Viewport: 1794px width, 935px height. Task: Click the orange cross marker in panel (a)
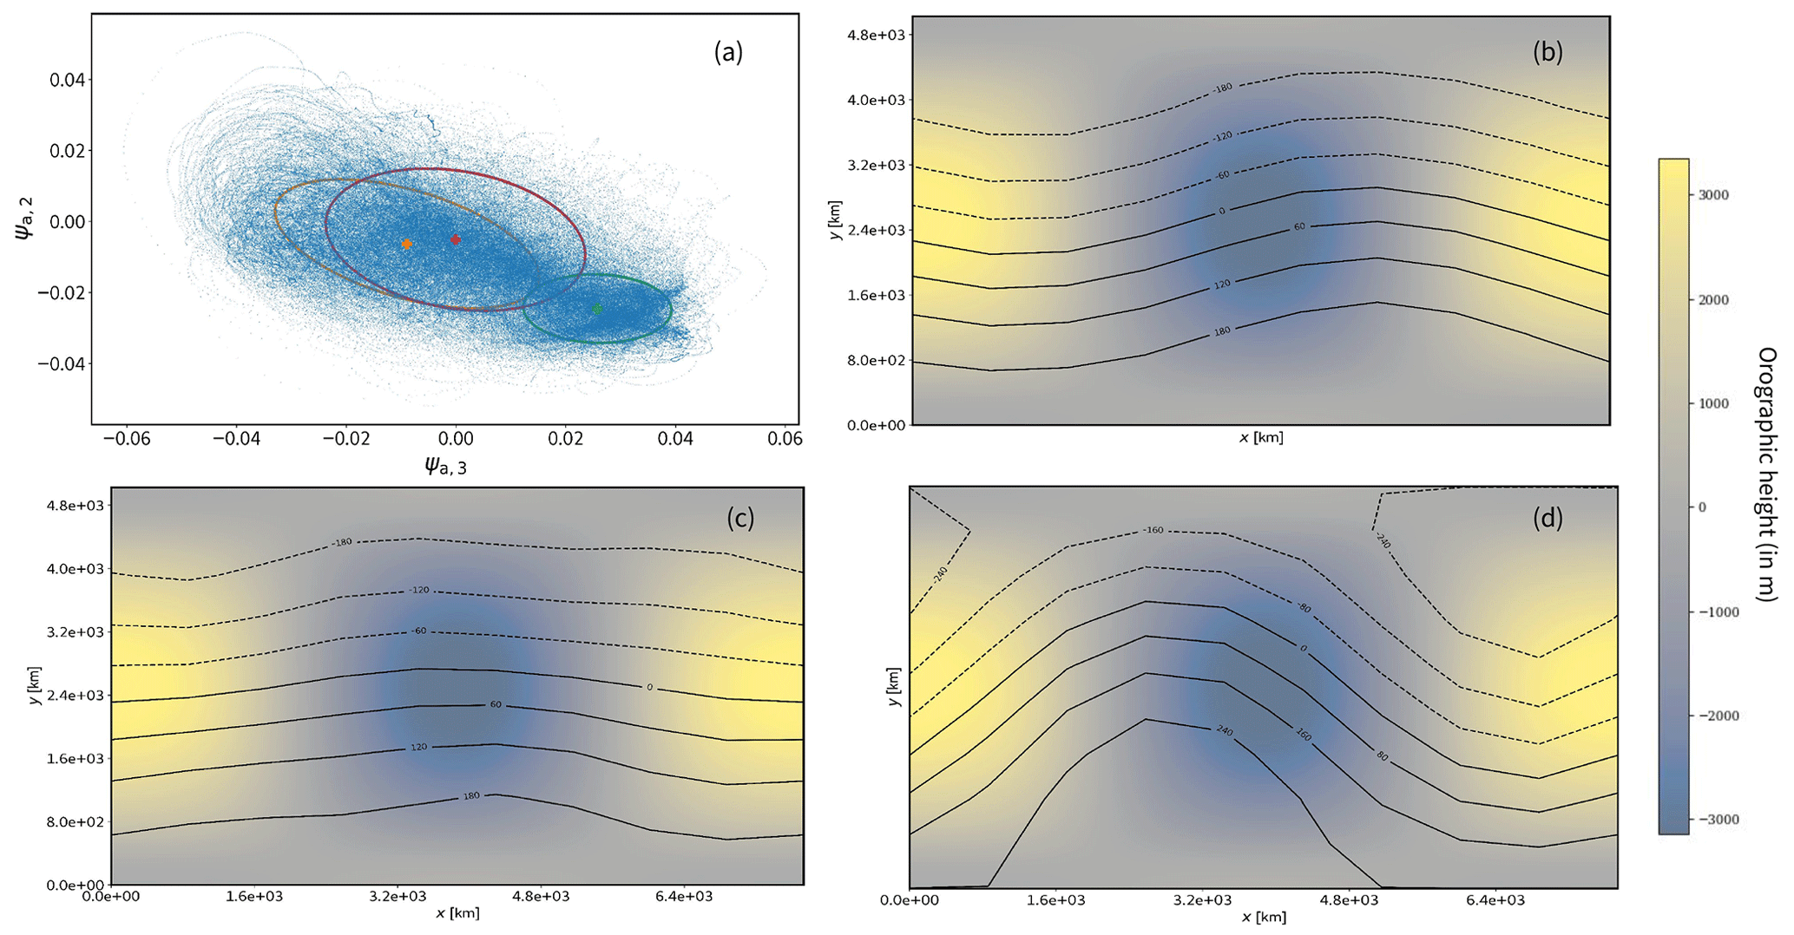click(x=407, y=245)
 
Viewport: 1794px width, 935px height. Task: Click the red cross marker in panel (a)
click(x=456, y=239)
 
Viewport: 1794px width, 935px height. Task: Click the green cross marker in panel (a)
click(x=596, y=309)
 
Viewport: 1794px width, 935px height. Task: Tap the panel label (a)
click(x=728, y=53)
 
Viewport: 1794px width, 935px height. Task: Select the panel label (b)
click(x=1548, y=52)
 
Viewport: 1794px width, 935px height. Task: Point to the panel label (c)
click(x=740, y=518)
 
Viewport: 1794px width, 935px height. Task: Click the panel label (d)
click(x=1548, y=519)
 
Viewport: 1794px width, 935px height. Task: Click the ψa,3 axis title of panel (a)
click(x=445, y=467)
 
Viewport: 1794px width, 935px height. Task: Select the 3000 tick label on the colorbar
click(x=1712, y=195)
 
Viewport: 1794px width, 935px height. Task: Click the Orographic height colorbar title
click(x=1766, y=474)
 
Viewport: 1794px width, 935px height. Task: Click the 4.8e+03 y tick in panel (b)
click(x=877, y=36)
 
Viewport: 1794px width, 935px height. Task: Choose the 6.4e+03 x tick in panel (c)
click(x=683, y=897)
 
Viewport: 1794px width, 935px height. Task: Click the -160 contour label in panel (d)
click(x=1153, y=530)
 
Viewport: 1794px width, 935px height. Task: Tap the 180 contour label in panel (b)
click(x=1222, y=330)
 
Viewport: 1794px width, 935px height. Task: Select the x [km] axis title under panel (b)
click(x=1260, y=438)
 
